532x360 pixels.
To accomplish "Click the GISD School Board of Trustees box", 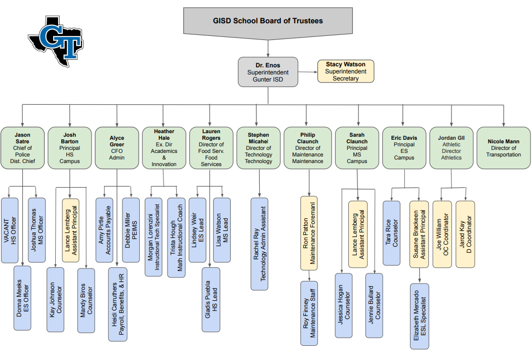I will (x=268, y=21).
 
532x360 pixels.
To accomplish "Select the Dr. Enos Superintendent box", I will (x=268, y=72).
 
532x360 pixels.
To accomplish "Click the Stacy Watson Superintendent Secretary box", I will (x=345, y=71).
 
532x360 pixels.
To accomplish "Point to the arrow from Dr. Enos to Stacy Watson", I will (x=308, y=72).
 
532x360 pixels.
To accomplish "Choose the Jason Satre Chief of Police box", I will (x=22, y=148).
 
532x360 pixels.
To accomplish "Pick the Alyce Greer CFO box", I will (x=117, y=148).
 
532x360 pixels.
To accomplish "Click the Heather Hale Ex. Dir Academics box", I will (x=164, y=148).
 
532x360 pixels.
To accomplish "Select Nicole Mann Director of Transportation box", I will (x=504, y=148).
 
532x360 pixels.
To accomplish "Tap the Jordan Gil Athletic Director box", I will (x=451, y=148).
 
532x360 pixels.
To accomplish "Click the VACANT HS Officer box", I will (x=10, y=230).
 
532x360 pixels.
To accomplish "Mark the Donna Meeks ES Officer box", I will (x=22, y=298).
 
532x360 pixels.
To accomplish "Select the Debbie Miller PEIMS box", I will (x=131, y=230).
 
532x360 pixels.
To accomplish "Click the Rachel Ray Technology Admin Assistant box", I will (x=260, y=244).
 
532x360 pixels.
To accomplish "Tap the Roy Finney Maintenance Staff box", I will (x=309, y=313).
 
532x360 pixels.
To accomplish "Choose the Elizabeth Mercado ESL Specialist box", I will (x=420, y=316).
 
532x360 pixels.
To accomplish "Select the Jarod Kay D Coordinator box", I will (x=465, y=234).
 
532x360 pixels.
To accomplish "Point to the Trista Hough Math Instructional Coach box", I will (x=176, y=237).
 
